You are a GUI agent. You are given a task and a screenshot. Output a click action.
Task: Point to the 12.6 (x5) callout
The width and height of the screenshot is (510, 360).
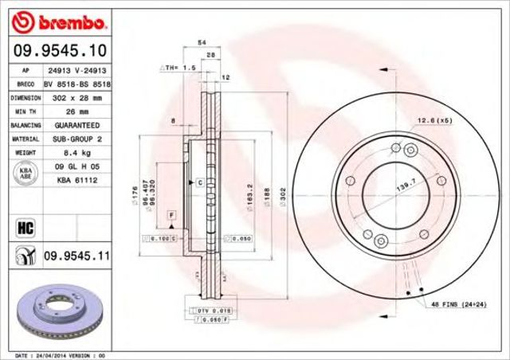(435, 120)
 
